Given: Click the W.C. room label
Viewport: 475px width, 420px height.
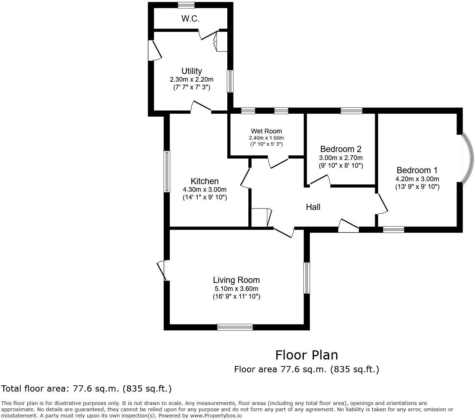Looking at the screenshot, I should pyautogui.click(x=190, y=19).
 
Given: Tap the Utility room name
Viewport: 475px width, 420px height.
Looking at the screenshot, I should pyautogui.click(x=192, y=71).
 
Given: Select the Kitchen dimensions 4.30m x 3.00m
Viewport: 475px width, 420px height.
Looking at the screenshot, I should pyautogui.click(x=204, y=190).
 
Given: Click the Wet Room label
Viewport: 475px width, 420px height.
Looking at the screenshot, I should pyautogui.click(x=266, y=131).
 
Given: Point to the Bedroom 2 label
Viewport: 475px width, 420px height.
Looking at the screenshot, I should pyautogui.click(x=341, y=149).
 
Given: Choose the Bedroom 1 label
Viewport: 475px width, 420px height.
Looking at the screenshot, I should pyautogui.click(x=417, y=170).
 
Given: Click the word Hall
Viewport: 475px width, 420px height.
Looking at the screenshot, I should pyautogui.click(x=313, y=207).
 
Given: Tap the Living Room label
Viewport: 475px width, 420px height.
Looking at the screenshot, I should pyautogui.click(x=236, y=280).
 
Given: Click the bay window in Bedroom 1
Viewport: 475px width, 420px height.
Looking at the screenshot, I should pyautogui.click(x=467, y=157).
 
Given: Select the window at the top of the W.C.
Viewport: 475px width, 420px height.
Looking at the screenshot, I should pyautogui.click(x=186, y=5).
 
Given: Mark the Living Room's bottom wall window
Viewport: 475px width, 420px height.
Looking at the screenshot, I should pyautogui.click(x=235, y=327).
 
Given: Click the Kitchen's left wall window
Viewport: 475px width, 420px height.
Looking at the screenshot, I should pyautogui.click(x=167, y=171).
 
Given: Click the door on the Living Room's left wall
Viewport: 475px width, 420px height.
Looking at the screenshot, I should pyautogui.click(x=162, y=270).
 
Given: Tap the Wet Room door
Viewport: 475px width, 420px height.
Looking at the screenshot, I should pyautogui.click(x=278, y=163).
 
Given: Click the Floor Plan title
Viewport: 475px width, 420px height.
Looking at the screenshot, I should pyautogui.click(x=306, y=355).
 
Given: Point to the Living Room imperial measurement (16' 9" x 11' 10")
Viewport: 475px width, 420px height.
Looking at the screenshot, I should pyautogui.click(x=236, y=296).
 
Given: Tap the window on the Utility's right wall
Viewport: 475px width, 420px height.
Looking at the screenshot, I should pyautogui.click(x=230, y=81).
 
